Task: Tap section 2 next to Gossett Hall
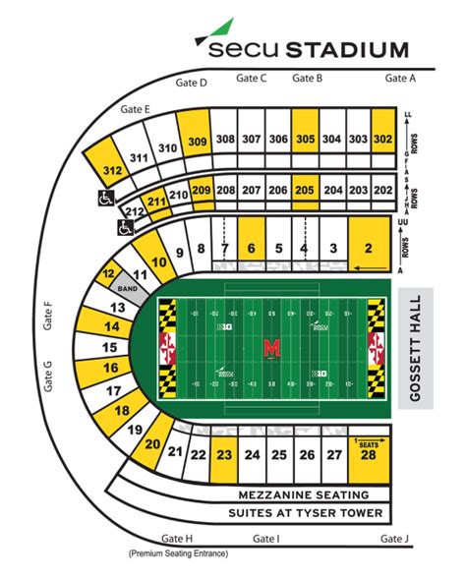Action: [368, 250]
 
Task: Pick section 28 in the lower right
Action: [368, 454]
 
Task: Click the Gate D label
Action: [191, 84]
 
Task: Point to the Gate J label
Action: [392, 539]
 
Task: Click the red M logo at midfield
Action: [270, 348]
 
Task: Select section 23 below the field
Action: [225, 454]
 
